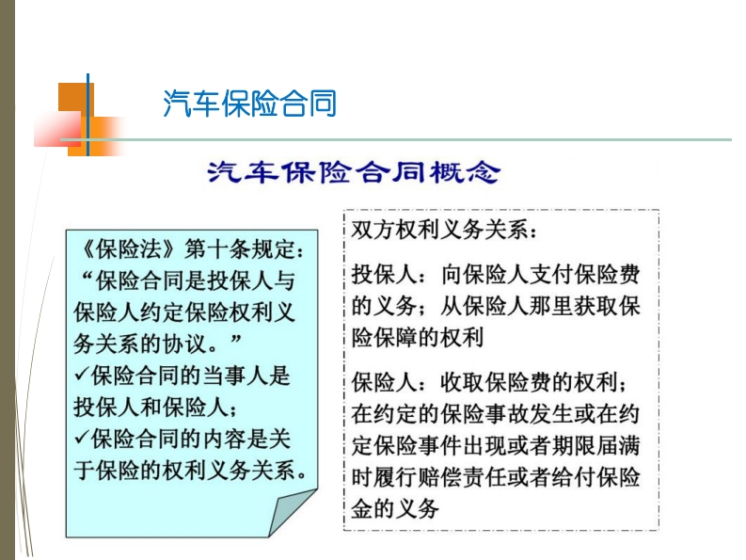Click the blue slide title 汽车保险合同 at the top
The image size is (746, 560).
click(250, 103)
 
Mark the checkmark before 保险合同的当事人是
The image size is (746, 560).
click(81, 375)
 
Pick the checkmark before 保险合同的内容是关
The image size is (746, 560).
click(81, 438)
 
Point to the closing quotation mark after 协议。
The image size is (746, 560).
click(236, 339)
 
